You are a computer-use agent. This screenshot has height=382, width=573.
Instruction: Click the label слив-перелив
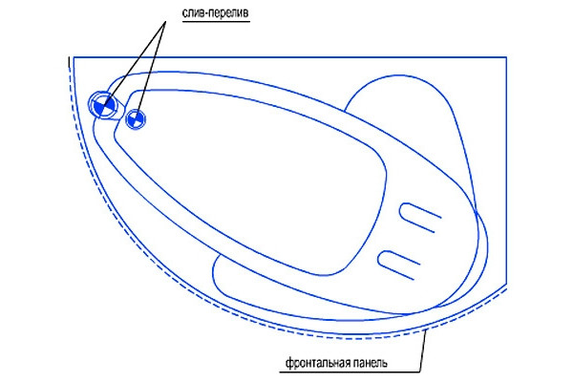pos(215,13)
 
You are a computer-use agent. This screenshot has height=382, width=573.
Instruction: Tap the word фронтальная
pos(316,363)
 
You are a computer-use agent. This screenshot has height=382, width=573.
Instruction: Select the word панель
pos(369,363)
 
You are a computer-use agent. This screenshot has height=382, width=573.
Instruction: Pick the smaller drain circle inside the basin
pos(136,118)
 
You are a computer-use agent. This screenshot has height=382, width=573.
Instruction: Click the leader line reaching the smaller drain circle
pos(152,67)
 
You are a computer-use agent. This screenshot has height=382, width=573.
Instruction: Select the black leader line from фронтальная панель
pos(423,350)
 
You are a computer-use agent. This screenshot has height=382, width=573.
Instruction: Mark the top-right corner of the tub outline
pos(506,57)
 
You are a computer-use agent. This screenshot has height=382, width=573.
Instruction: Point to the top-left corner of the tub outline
pos(74,57)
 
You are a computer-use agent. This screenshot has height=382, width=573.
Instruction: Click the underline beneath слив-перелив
pos(216,22)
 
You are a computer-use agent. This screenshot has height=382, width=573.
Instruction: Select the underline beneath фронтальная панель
pos(350,372)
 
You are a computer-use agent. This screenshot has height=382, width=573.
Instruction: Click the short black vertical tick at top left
pos(69,62)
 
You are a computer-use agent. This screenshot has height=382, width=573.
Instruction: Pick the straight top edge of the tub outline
pos(289,57)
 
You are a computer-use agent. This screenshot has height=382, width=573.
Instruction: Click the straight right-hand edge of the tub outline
pos(506,170)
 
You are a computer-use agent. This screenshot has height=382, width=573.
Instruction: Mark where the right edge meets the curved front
pos(506,284)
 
